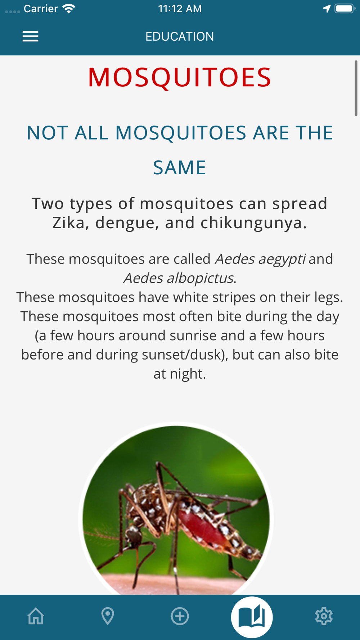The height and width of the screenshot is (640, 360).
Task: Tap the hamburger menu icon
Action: coord(30,36)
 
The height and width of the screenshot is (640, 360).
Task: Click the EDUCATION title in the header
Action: coord(180,36)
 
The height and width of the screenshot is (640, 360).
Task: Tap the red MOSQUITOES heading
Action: coord(180,77)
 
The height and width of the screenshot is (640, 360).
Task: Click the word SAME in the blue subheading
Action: coord(180,167)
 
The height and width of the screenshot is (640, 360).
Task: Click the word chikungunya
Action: coord(253,223)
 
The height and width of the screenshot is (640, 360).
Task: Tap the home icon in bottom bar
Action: coord(36,616)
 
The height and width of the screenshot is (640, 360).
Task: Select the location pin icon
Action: coord(108,616)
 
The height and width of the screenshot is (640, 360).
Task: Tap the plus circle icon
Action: coord(180,616)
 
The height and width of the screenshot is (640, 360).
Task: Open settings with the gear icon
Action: coord(324,616)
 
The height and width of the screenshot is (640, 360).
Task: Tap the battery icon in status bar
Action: coord(345,8)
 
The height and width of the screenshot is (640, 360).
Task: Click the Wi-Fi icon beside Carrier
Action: coord(68,9)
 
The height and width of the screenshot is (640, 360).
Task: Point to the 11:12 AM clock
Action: coord(180,9)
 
